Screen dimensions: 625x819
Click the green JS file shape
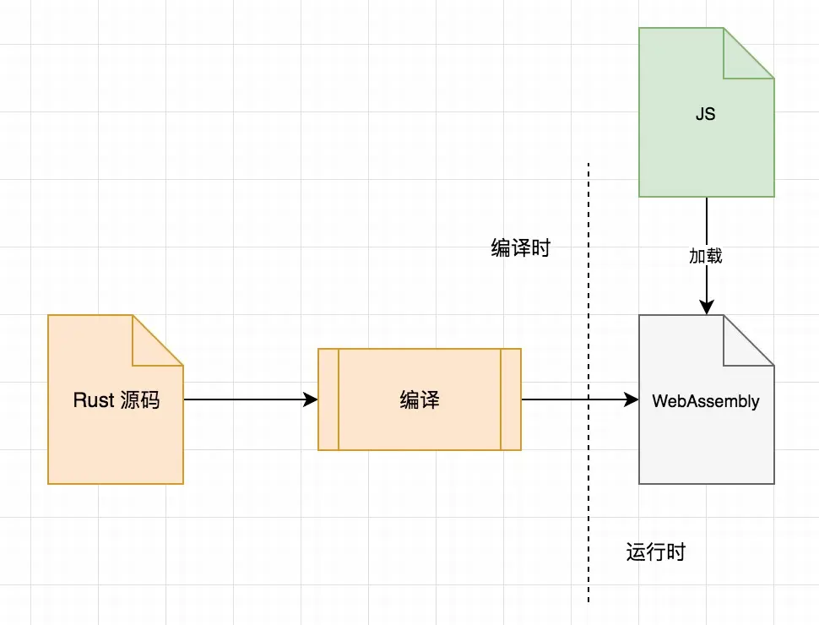tap(692, 152)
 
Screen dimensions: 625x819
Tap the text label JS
tap(705, 113)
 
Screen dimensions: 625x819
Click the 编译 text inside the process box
tap(420, 400)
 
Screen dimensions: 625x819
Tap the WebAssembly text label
tap(706, 401)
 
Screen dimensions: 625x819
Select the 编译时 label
tap(521, 248)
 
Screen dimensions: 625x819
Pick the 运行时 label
tap(656, 552)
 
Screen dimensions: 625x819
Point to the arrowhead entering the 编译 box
tap(311, 399)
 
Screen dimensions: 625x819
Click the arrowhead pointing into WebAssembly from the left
tap(631, 399)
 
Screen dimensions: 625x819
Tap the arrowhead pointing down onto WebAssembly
tap(706, 307)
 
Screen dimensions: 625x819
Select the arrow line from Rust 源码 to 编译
tap(245, 399)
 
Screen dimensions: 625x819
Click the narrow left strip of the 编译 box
tap(328, 399)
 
